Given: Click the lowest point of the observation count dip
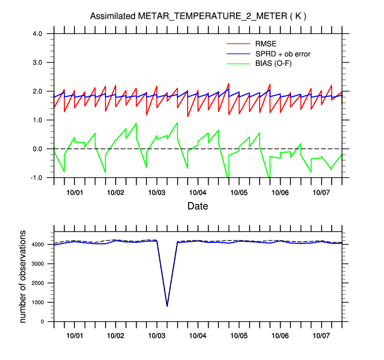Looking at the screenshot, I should pos(167,306).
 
